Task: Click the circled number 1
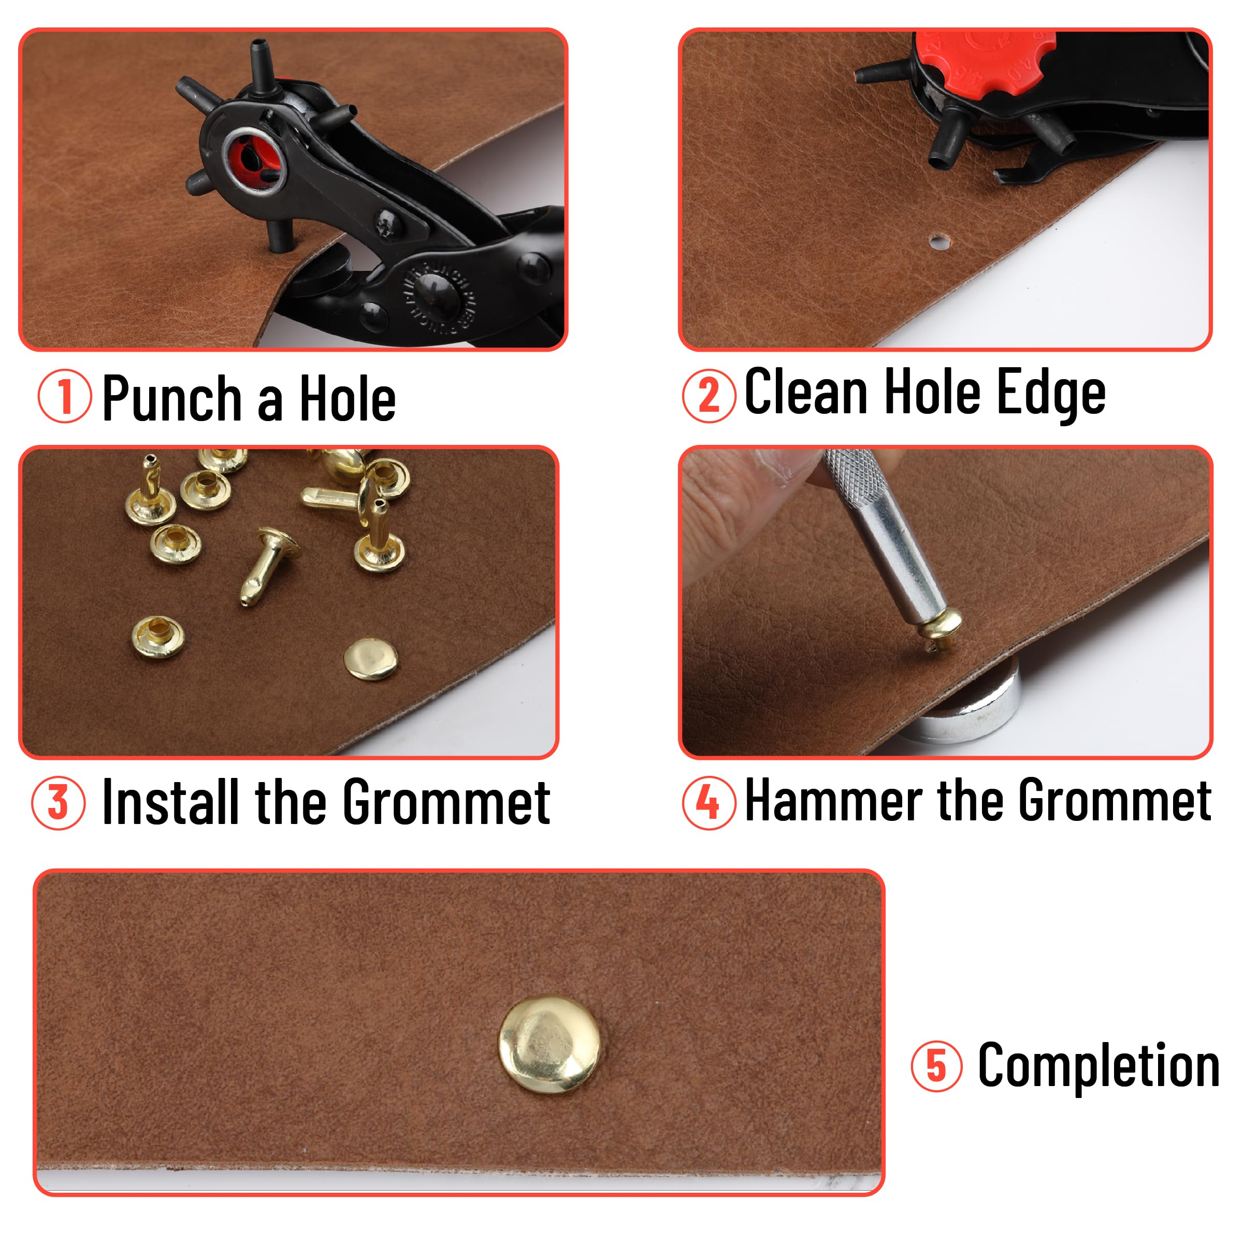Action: [x=64, y=396]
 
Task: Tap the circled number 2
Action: [x=709, y=396]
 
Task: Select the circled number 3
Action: [x=58, y=802]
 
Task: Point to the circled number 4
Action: [x=709, y=802]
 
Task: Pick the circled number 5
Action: [x=936, y=1066]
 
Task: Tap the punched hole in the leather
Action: [x=938, y=242]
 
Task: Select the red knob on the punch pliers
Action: [x=985, y=61]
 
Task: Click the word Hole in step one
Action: [x=348, y=399]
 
